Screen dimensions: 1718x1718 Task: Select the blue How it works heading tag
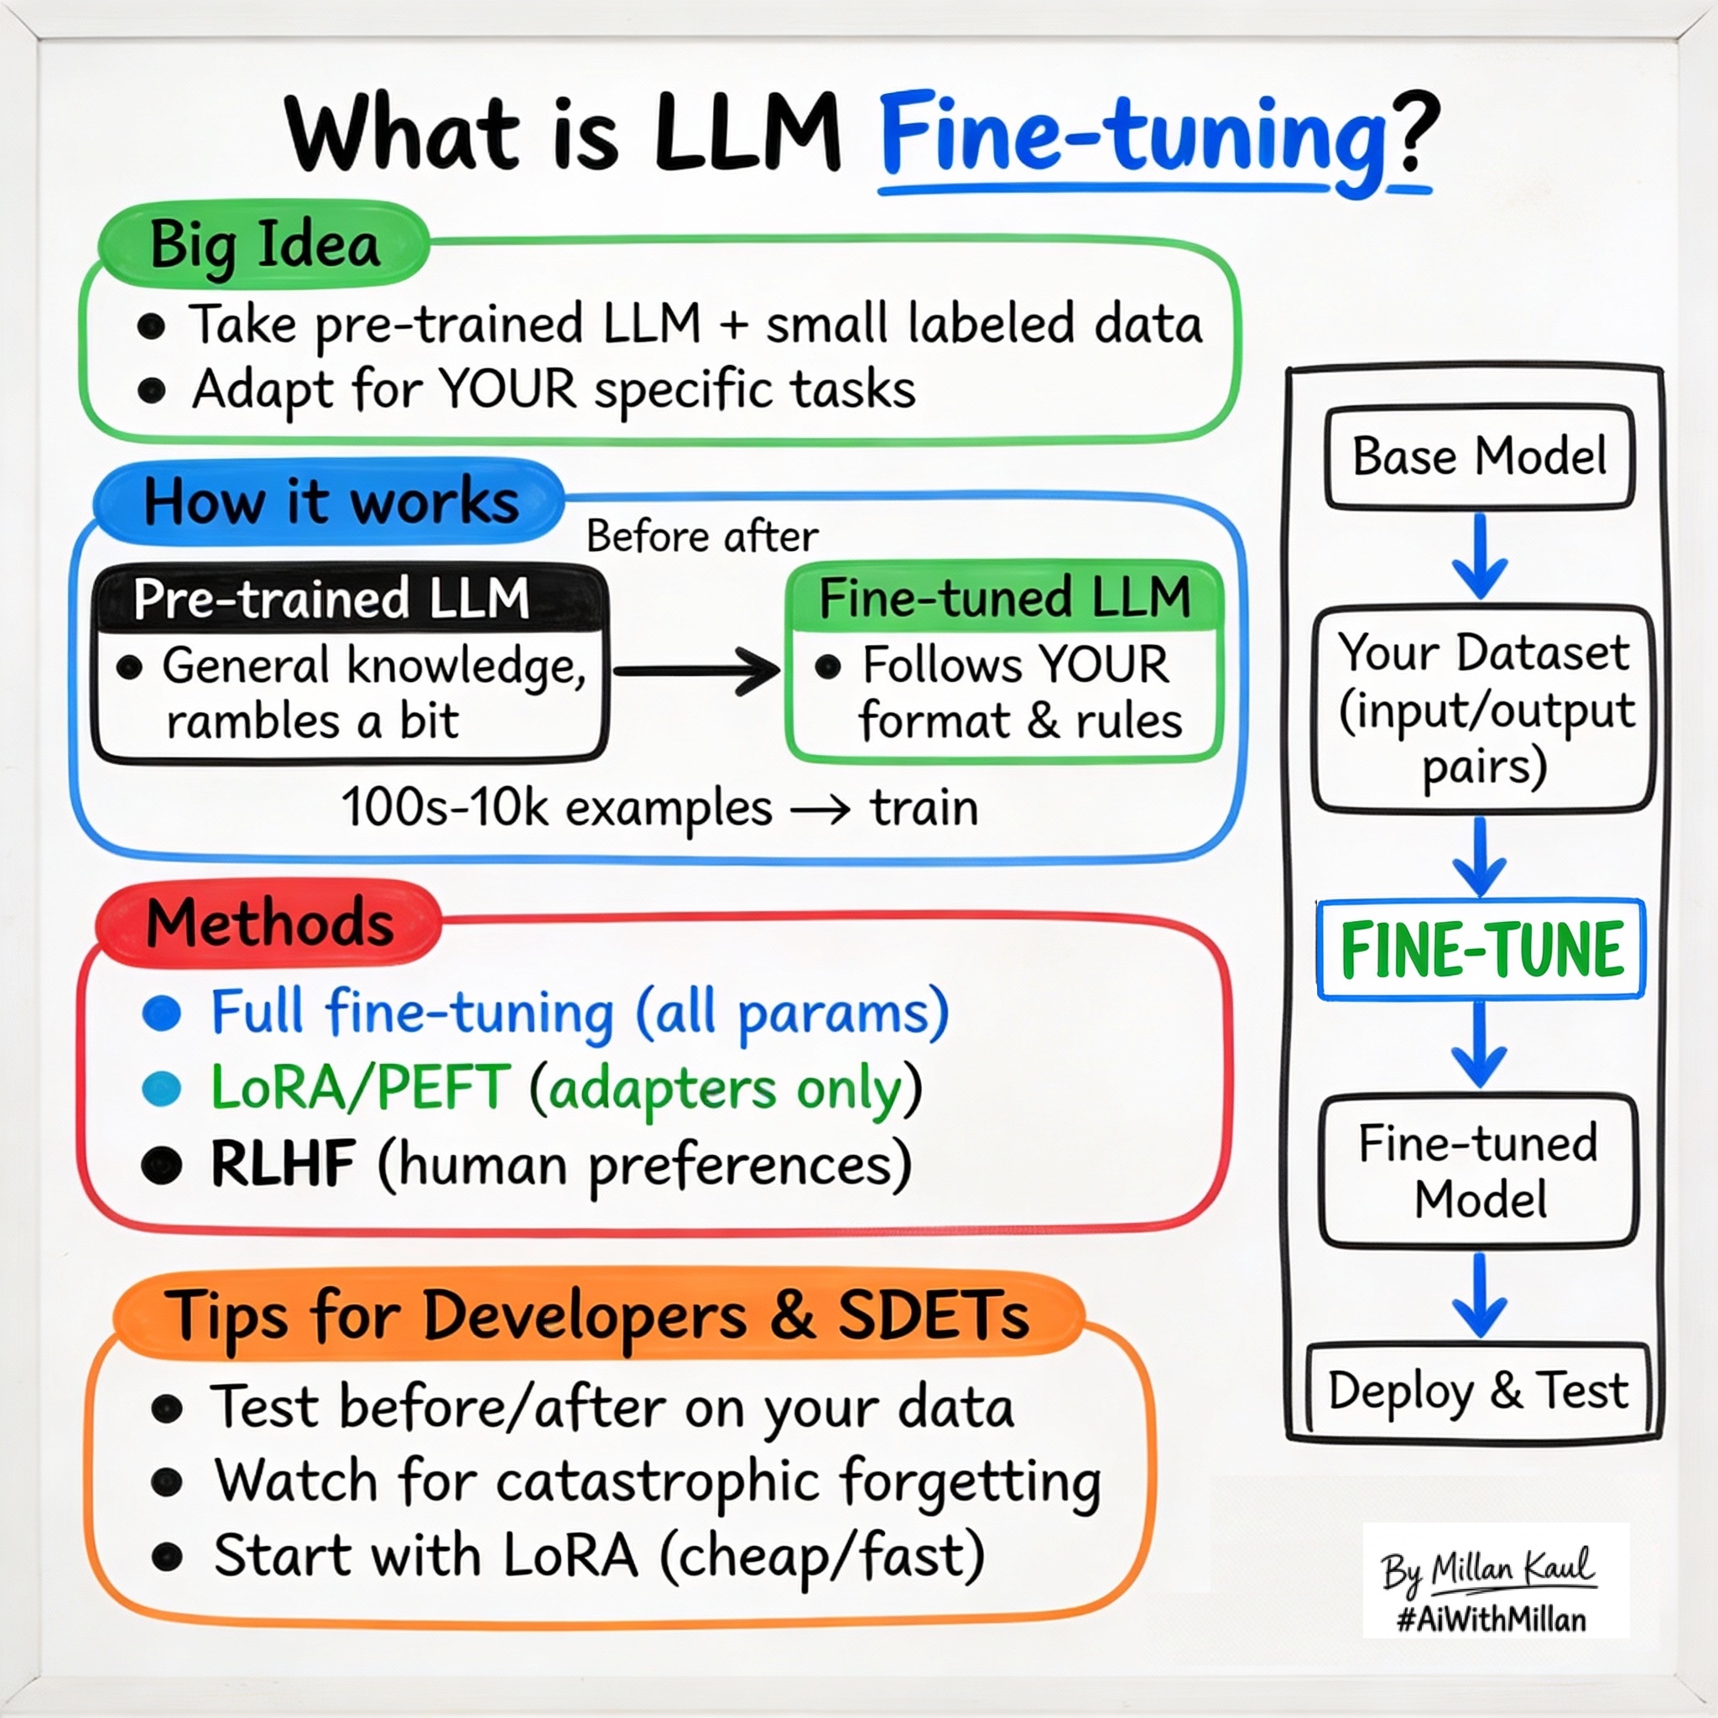(330, 501)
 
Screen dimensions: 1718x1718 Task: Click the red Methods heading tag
(268, 923)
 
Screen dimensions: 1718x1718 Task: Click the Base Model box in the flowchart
(1479, 457)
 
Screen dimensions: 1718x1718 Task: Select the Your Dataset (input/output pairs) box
(1483, 709)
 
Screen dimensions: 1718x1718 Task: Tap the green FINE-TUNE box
(1481, 950)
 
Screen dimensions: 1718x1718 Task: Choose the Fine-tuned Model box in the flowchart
(1479, 1170)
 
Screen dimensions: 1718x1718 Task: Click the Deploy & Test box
(1478, 1390)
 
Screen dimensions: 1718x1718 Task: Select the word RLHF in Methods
(282, 1164)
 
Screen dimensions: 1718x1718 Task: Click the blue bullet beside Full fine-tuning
(162, 1013)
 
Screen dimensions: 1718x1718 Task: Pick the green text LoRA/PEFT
(359, 1087)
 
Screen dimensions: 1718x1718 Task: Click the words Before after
(701, 536)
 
